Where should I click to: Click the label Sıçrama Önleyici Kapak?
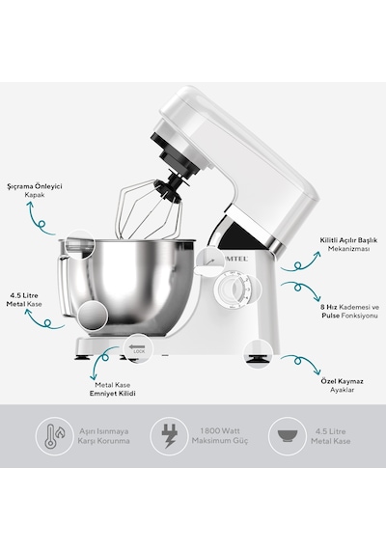click(x=35, y=190)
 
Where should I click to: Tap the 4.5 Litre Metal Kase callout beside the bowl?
click(x=24, y=300)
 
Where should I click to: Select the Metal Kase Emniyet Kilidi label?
click(x=112, y=390)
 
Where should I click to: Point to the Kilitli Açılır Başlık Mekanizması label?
click(x=348, y=244)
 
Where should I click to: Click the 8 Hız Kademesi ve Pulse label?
click(x=350, y=311)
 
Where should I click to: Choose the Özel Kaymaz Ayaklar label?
click(x=343, y=386)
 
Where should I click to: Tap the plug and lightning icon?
click(x=169, y=436)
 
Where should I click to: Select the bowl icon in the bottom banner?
click(x=288, y=436)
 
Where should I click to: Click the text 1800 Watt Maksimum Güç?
click(x=220, y=435)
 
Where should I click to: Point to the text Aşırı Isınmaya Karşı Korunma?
click(x=103, y=436)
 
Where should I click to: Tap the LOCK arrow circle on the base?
click(x=138, y=348)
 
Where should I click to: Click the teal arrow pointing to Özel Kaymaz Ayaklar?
click(x=301, y=362)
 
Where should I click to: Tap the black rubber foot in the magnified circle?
click(x=259, y=359)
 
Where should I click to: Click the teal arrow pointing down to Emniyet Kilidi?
click(x=102, y=362)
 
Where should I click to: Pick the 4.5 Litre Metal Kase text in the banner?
click(x=331, y=436)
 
